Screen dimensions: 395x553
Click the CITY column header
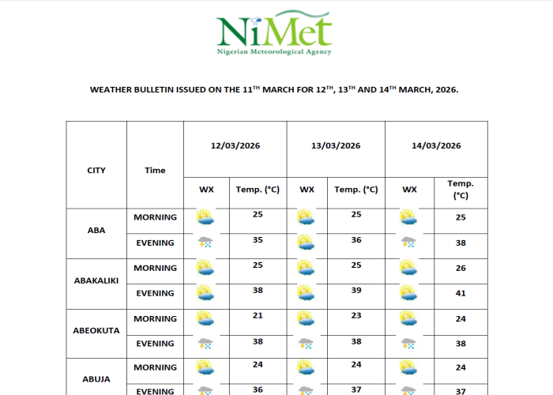click(x=96, y=170)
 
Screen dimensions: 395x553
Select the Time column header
click(x=156, y=170)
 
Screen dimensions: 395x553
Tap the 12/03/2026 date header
click(x=235, y=146)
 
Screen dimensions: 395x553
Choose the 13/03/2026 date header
click(x=336, y=146)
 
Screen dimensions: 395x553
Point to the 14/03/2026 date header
click(x=436, y=146)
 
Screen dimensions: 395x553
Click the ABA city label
click(x=96, y=231)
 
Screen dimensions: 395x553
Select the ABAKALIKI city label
click(x=96, y=280)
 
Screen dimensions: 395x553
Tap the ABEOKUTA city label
click(x=96, y=330)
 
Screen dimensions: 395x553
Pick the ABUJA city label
click(x=96, y=379)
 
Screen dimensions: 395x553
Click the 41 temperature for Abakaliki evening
click(x=461, y=293)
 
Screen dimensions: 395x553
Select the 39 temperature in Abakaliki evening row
click(x=356, y=290)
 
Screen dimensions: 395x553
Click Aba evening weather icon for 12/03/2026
click(x=205, y=243)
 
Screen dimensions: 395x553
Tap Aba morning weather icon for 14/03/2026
click(x=408, y=217)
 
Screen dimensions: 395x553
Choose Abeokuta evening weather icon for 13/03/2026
click(x=306, y=344)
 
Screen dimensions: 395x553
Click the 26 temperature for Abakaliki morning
click(x=461, y=268)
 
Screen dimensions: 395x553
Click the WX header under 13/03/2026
click(x=307, y=190)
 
